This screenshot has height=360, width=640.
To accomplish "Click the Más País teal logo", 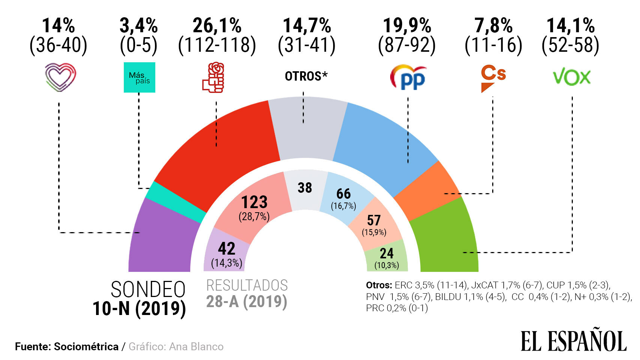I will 139,77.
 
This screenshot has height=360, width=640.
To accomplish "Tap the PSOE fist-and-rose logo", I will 213,78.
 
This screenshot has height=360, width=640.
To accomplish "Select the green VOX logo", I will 571,77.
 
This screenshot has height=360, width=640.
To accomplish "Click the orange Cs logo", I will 493,78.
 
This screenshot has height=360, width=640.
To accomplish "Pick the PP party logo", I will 408,77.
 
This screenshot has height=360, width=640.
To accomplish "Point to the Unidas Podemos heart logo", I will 60,77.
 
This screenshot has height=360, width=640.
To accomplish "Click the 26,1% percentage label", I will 217,26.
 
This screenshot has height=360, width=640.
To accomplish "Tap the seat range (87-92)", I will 407,45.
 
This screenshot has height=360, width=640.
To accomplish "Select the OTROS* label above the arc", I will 306,76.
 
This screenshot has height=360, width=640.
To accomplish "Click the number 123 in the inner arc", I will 254,202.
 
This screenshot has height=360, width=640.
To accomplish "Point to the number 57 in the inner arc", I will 374,220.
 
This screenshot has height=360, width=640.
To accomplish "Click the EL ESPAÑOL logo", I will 573,340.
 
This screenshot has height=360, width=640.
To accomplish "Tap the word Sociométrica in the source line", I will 86,346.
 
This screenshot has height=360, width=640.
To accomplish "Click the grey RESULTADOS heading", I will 247,286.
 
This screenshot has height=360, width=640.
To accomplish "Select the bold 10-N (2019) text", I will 139,309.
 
